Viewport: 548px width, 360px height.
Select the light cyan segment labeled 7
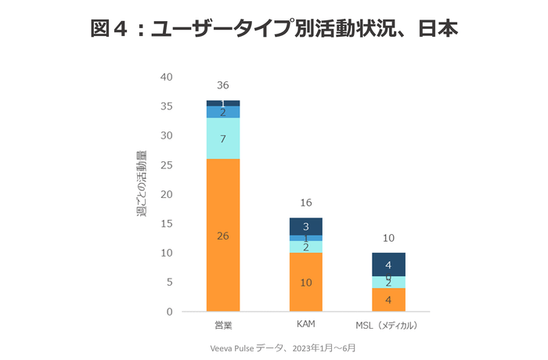tap(223, 139)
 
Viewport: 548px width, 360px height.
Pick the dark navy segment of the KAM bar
tap(305, 226)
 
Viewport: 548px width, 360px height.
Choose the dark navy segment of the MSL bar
tap(388, 265)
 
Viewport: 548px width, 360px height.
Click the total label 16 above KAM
tap(305, 203)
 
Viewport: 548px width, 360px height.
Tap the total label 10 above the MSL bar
tap(388, 238)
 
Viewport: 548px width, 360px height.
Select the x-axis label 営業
tap(223, 324)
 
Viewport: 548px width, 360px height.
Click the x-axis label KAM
tap(305, 324)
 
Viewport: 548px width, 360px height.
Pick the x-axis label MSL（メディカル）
tap(388, 324)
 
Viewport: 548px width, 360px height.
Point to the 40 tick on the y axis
tap(166, 77)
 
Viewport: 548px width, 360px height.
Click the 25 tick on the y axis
tap(166, 165)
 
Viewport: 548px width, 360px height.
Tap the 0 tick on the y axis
tap(169, 311)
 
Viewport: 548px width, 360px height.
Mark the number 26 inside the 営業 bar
tap(223, 236)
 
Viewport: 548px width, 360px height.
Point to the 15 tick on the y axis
tap(166, 224)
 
